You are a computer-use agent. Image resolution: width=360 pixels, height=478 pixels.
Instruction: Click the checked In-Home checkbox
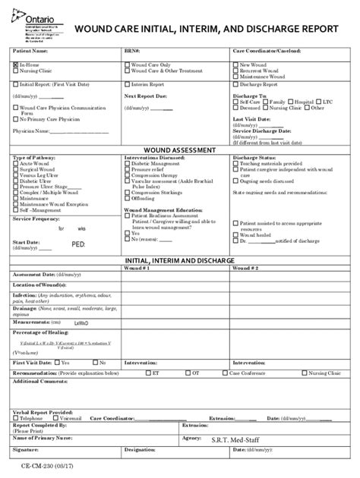tap(15, 65)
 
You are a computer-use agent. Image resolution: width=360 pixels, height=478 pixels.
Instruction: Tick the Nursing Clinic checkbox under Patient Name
tap(15, 71)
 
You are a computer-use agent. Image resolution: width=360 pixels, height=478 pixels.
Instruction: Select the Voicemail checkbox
tap(52, 418)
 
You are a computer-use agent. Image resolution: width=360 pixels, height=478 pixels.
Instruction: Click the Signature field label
tap(27, 450)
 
